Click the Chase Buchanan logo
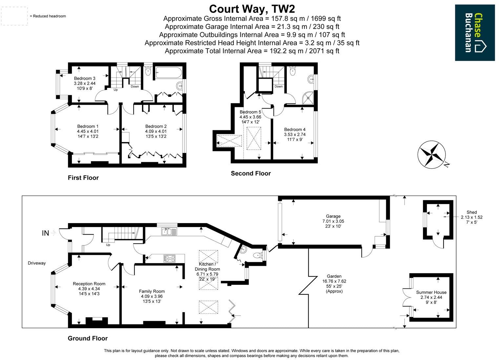click(x=475, y=32)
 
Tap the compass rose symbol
click(x=431, y=154)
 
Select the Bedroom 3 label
click(x=85, y=78)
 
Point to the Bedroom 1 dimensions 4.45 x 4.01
click(x=88, y=131)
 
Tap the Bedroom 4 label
click(x=295, y=130)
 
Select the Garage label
click(x=333, y=216)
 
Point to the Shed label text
click(x=471, y=212)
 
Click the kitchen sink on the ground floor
click(x=169, y=232)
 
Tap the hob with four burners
click(x=169, y=259)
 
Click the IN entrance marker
click(x=45, y=233)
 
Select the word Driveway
click(x=37, y=263)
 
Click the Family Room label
click(x=152, y=291)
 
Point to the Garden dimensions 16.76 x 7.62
click(x=334, y=281)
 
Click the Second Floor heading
click(x=251, y=174)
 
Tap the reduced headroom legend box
click(x=14, y=16)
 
